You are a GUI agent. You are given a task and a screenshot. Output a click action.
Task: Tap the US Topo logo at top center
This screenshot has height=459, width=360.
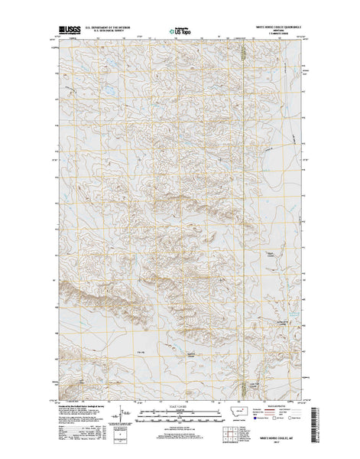click(x=180, y=33)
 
